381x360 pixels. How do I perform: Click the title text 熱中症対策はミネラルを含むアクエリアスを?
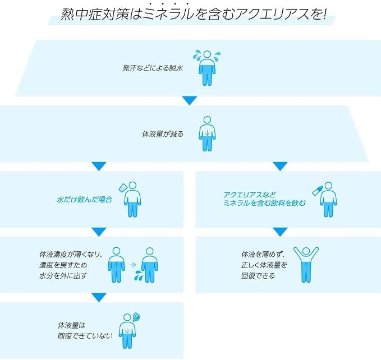[193, 14]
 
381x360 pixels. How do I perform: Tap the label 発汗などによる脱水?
[153, 68]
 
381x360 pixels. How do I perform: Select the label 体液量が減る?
[163, 134]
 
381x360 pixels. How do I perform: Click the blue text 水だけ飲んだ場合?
[85, 200]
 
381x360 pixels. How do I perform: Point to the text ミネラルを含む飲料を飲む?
[264, 203]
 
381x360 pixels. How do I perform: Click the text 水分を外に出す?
[63, 276]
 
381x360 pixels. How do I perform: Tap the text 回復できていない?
[85, 336]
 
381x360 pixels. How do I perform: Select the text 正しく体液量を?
[264, 265]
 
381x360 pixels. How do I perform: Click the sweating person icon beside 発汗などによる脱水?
[207, 68]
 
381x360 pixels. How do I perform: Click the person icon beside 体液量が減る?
[207, 134]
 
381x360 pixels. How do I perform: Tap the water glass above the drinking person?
[123, 188]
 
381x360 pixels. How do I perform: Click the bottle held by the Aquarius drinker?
[318, 190]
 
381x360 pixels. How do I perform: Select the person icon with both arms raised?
[306, 265]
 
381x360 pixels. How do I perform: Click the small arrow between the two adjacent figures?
[132, 264]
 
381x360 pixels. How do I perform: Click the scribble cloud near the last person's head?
[136, 317]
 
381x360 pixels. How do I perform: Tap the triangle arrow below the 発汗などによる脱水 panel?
[189, 100]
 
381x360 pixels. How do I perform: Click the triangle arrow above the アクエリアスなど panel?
[280, 166]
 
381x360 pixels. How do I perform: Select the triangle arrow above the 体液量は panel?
[99, 297]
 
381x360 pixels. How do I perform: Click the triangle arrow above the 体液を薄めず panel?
[280, 232]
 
